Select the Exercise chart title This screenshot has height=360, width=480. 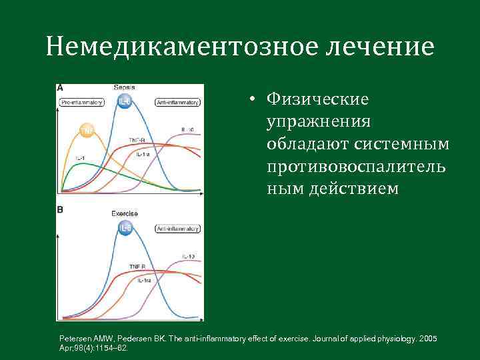[x=125, y=213]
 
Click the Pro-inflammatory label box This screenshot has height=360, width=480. [x=81, y=102]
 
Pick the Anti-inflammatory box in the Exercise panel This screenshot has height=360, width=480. [x=178, y=229]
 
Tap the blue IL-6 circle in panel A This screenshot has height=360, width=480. [x=124, y=101]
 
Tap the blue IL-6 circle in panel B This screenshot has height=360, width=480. [x=125, y=229]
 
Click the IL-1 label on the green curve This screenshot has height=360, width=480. [x=80, y=157]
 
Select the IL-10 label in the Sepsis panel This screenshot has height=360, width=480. [x=187, y=129]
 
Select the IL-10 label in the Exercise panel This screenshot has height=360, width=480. [x=187, y=256]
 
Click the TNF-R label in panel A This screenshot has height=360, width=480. [x=137, y=140]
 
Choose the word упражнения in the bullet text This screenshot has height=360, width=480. [x=319, y=122]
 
